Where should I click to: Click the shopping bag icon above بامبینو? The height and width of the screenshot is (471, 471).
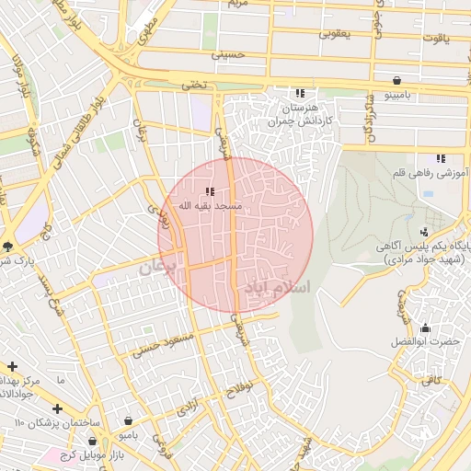tap(396, 80)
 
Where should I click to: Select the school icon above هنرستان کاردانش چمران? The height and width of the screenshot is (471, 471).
tap(299, 93)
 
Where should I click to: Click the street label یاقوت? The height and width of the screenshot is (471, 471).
tap(433, 39)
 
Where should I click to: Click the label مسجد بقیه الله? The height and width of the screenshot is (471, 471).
tap(211, 206)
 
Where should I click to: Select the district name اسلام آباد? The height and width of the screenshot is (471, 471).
tap(278, 288)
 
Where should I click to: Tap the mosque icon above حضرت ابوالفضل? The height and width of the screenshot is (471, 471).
tap(424, 327)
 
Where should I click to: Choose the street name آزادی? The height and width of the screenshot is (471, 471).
tap(189, 408)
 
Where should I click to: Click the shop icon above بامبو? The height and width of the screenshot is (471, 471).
tap(124, 416)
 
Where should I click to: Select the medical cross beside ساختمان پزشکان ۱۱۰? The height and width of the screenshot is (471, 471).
tap(57, 408)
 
